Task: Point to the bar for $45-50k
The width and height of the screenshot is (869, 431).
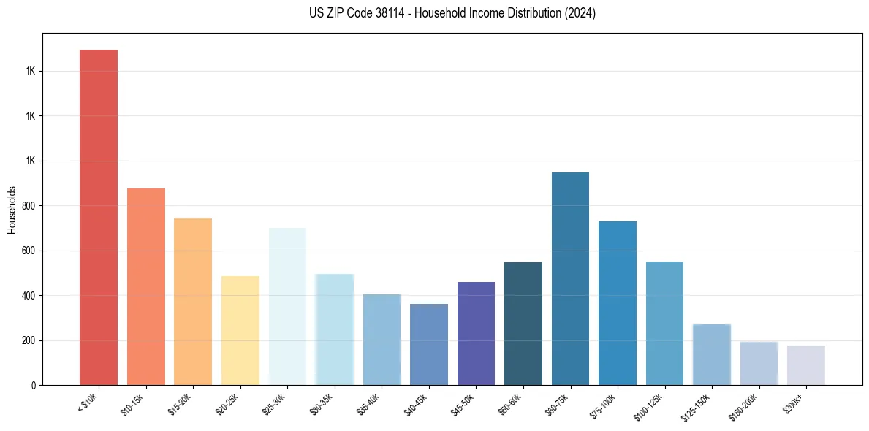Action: click(476, 333)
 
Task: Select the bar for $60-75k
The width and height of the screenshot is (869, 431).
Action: click(570, 278)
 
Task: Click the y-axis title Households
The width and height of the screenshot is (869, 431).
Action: click(12, 209)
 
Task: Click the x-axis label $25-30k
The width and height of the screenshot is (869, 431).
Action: click(274, 404)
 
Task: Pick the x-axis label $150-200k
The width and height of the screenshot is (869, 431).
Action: click(743, 406)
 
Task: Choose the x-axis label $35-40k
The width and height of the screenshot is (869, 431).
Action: click(368, 404)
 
